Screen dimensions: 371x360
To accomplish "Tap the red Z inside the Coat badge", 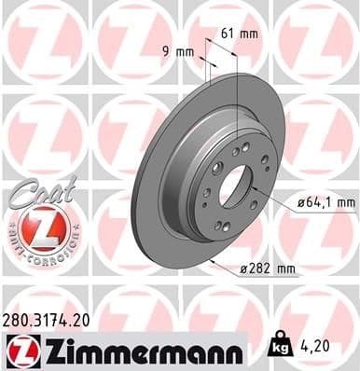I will pyautogui.click(x=38, y=227).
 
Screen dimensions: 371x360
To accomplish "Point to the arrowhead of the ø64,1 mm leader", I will pyautogui.click(x=255, y=186).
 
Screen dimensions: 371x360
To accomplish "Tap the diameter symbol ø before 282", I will pyautogui.click(x=242, y=270).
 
